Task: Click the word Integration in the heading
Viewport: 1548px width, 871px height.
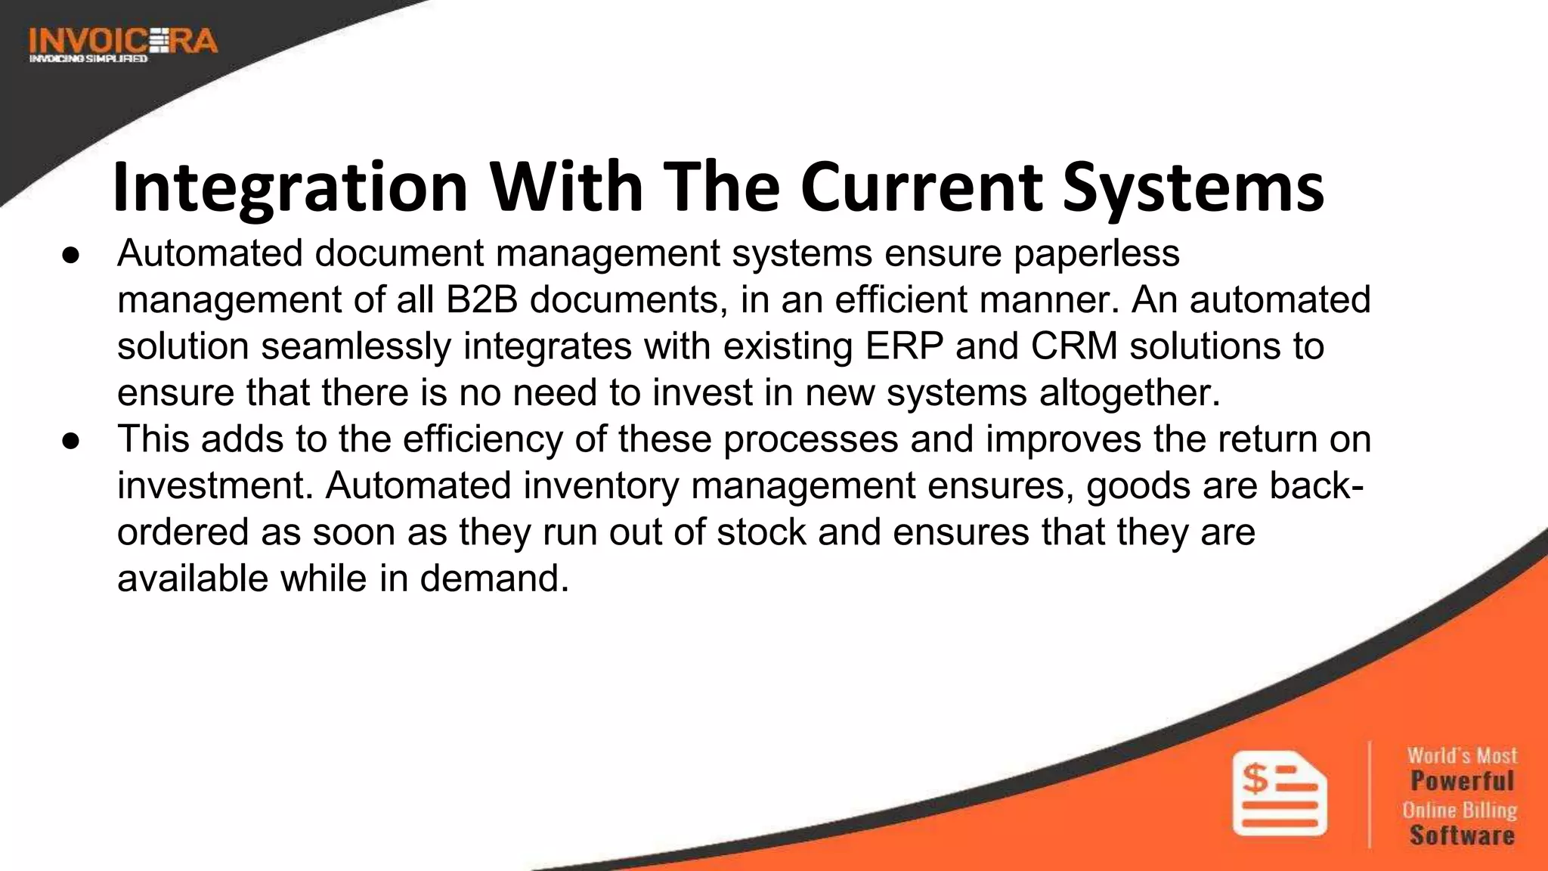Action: tap(290, 187)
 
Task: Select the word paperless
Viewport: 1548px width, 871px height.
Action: tap(1096, 253)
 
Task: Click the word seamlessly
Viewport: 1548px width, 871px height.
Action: tap(356, 346)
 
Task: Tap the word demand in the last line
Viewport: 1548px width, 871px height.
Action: tap(494, 579)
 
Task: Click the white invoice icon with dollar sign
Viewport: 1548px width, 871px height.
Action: tap(1279, 793)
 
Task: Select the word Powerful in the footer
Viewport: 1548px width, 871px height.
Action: tap(1462, 780)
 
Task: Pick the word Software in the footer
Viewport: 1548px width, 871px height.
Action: tap(1462, 835)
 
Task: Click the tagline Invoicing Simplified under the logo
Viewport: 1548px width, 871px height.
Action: tap(88, 58)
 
